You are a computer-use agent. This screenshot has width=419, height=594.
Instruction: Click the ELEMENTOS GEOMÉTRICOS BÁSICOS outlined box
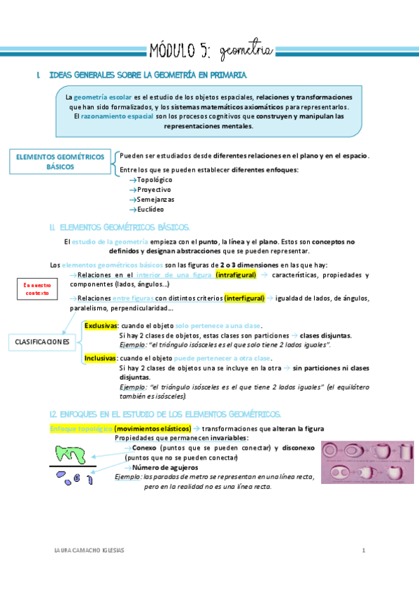coord(59,163)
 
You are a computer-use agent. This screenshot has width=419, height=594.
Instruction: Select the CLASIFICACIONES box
coord(43,342)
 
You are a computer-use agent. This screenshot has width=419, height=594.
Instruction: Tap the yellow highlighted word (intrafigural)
coord(236,275)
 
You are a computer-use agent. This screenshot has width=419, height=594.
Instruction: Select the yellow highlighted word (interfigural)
coord(244,298)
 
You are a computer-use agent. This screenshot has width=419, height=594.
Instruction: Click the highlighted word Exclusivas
coord(101,326)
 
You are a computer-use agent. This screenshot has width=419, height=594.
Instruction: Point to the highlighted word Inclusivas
coord(100,357)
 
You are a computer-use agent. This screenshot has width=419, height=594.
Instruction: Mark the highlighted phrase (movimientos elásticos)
coord(152,428)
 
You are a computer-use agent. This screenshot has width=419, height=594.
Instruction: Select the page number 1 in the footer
coord(364,550)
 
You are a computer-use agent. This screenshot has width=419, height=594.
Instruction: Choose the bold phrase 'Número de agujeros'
coord(164,467)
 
